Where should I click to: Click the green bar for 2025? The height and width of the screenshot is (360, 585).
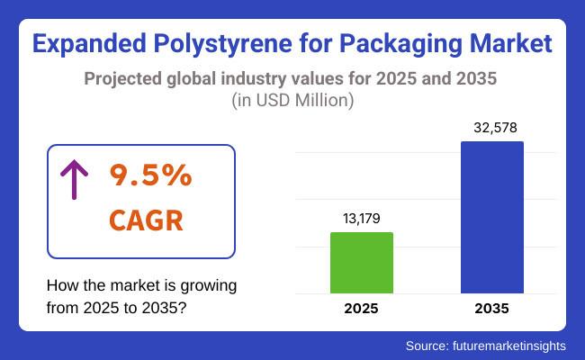(x=362, y=263)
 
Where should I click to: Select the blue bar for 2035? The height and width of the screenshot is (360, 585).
(x=491, y=217)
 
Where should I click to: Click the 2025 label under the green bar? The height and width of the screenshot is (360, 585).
(x=362, y=309)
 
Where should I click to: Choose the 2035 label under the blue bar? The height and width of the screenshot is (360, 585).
(x=491, y=309)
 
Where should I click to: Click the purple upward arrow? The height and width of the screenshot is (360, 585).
(x=72, y=180)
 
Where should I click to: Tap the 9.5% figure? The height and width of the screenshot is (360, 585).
(x=150, y=176)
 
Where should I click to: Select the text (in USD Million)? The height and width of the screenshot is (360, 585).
(x=292, y=101)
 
